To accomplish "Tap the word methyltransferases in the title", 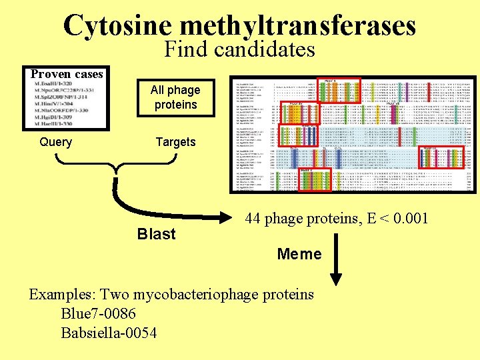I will pyautogui.click(x=297, y=26).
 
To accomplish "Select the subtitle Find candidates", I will pyautogui.click(x=239, y=49).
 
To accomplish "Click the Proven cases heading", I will pyautogui.click(x=67, y=73).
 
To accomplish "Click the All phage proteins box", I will pyautogui.click(x=175, y=97).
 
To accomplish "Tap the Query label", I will pyautogui.click(x=56, y=142).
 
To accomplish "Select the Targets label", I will pyautogui.click(x=175, y=142).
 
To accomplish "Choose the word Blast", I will pyautogui.click(x=156, y=234).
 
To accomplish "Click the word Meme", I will pyautogui.click(x=299, y=254).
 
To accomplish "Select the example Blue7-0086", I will pyautogui.click(x=98, y=313).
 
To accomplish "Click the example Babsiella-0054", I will pyautogui.click(x=109, y=332).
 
